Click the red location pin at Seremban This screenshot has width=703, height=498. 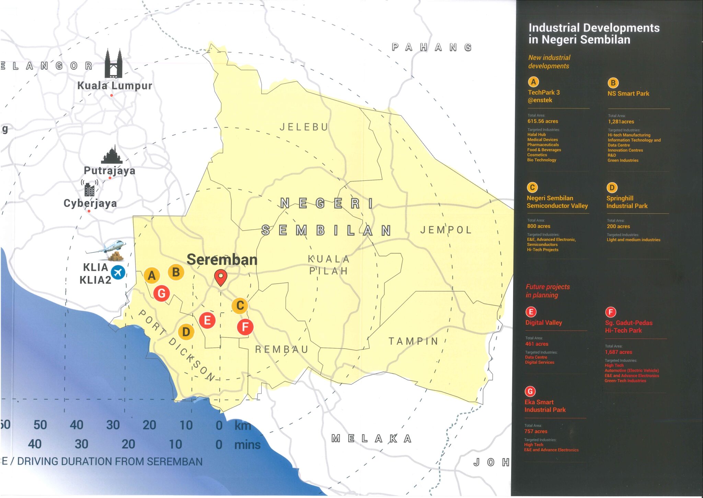click(221, 277)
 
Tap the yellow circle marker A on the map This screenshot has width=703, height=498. click(152, 275)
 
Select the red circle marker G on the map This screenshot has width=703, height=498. click(161, 293)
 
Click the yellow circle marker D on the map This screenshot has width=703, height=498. click(186, 332)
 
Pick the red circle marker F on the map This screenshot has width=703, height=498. click(245, 327)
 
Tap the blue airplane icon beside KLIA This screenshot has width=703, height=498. click(118, 273)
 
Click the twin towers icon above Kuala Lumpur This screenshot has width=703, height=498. click(114, 64)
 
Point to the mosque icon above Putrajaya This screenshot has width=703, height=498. click(112, 155)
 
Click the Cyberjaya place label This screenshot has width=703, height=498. click(90, 203)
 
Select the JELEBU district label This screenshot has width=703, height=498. click(304, 127)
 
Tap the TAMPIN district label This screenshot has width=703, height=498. click(414, 341)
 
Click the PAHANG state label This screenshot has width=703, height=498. click(431, 47)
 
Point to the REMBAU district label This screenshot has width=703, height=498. click(282, 350)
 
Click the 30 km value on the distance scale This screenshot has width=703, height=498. click(113, 425)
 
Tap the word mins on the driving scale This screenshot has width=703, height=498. click(247, 445)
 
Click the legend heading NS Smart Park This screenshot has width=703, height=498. click(628, 93)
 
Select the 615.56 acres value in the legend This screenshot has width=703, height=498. click(543, 121)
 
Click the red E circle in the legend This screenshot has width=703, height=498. click(531, 312)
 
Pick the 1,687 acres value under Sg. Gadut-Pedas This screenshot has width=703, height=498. click(618, 352)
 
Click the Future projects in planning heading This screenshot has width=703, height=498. click(548, 291)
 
